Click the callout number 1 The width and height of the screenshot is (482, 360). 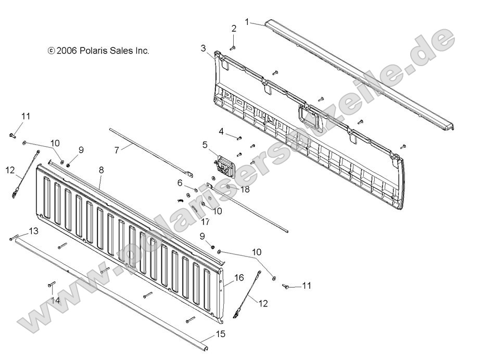247,22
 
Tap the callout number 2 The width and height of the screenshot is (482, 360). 234,28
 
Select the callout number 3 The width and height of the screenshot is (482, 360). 203,48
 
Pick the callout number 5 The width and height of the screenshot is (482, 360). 205,145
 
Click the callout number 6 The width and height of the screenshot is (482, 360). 180,183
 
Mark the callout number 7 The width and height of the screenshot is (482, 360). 117,149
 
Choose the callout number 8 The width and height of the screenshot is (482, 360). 101,170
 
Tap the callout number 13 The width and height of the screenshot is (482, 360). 33,230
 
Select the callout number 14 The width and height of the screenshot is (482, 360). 55,300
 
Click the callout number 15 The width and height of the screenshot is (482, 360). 221,334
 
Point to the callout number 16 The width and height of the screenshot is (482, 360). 239,278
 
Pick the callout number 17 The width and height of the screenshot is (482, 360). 205,222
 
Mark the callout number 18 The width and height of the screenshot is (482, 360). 245,189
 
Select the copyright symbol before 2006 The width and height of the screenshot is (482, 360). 50,51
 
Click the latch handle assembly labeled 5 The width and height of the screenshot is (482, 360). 224,165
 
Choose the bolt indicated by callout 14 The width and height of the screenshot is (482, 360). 52,285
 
